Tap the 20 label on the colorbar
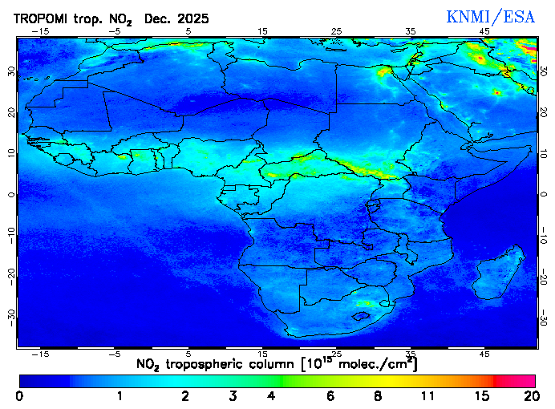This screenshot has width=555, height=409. click(529, 396)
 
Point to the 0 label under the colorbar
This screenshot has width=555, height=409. click(18, 396)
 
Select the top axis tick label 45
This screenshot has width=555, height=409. click(484, 32)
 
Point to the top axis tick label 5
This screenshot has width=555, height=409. click(188, 32)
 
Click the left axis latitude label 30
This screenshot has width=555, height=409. click(10, 71)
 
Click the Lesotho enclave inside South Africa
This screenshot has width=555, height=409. click(364, 316)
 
